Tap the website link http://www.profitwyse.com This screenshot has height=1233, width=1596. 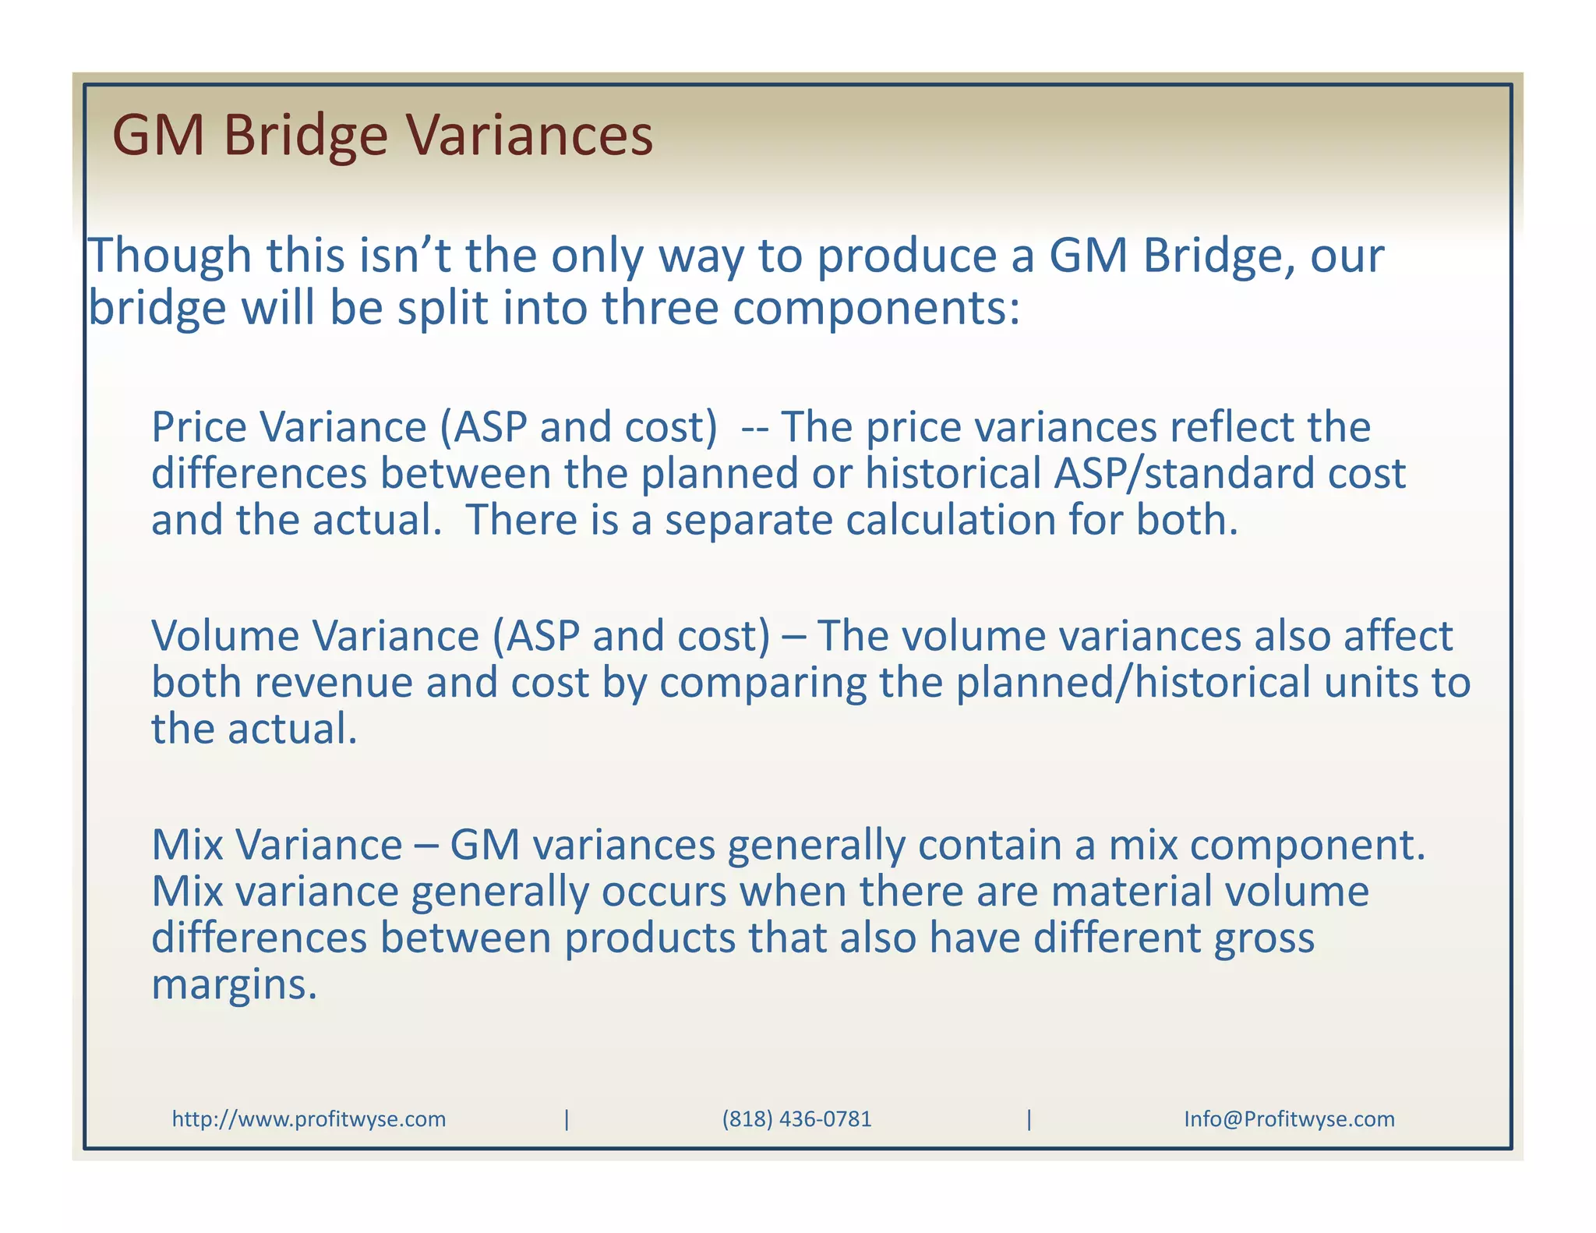pyautogui.click(x=309, y=1119)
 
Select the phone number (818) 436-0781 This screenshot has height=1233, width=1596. pyautogui.click(x=796, y=1119)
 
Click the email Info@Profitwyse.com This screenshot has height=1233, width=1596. pyautogui.click(x=1289, y=1119)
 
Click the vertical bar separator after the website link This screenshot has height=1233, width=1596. pyautogui.click(x=567, y=1119)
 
